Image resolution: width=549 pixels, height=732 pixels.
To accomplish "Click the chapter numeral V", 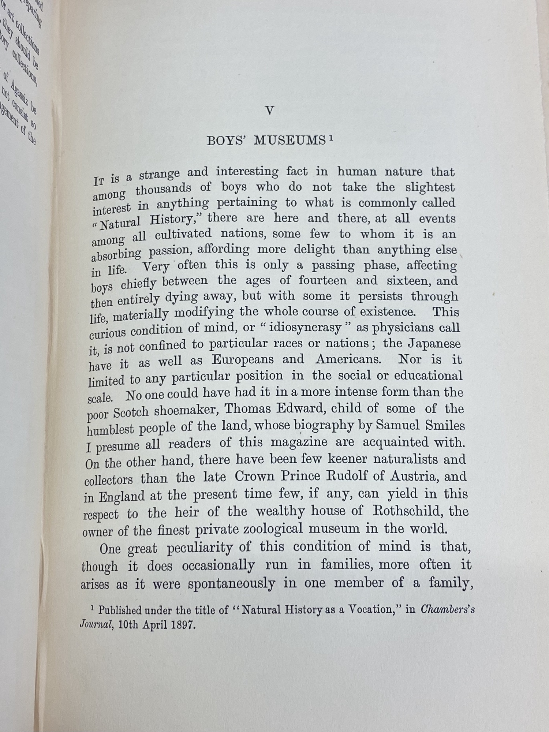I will point(269,111).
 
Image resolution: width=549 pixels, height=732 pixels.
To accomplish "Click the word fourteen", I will point(322,281).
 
